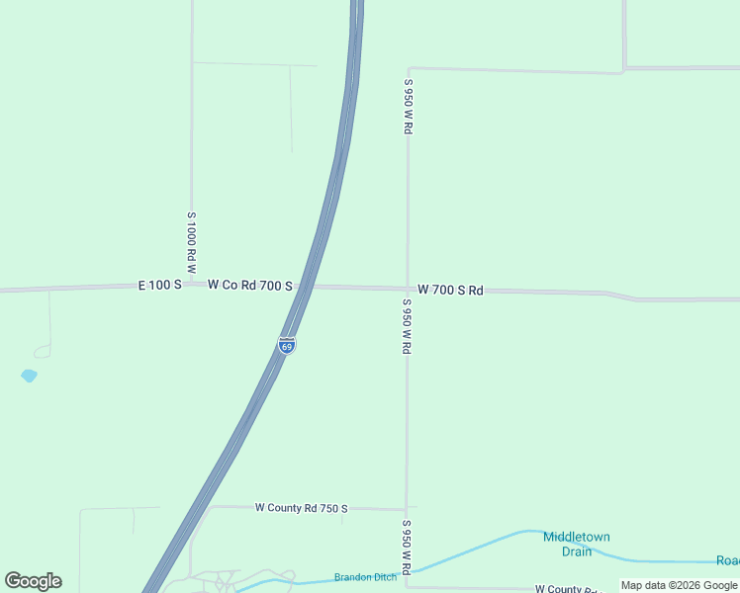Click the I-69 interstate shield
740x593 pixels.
coord(287,346)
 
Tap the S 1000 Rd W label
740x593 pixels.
coord(192,242)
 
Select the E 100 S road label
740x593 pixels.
coord(159,285)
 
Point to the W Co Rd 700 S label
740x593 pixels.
coord(249,286)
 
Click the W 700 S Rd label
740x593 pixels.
coord(450,291)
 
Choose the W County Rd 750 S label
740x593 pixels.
coord(302,508)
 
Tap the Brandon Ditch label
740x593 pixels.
coord(365,577)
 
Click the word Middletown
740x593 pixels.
coord(576,537)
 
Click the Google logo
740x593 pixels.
coord(33,581)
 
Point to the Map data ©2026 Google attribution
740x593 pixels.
coord(679,585)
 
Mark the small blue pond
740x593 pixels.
coord(29,376)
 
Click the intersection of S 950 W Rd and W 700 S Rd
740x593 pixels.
coord(408,289)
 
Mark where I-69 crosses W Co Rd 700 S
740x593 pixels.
coord(307,287)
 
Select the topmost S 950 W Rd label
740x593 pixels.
coord(408,107)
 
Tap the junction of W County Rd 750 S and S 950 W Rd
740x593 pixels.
coord(407,509)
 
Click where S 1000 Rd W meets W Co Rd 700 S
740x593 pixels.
coord(192,286)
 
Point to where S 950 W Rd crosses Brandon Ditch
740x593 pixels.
coord(407,571)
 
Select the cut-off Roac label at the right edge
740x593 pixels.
coord(727,560)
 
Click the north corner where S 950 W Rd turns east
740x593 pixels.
coord(408,68)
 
